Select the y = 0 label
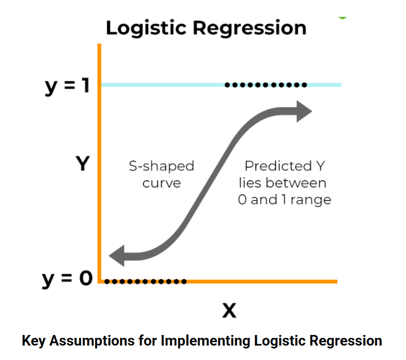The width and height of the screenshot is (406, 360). point(67,279)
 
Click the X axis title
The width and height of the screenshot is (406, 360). point(229,311)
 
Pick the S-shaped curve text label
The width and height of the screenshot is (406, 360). point(161,174)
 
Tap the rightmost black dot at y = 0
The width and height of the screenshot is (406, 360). point(184,281)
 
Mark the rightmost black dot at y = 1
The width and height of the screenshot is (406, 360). point(304,86)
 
